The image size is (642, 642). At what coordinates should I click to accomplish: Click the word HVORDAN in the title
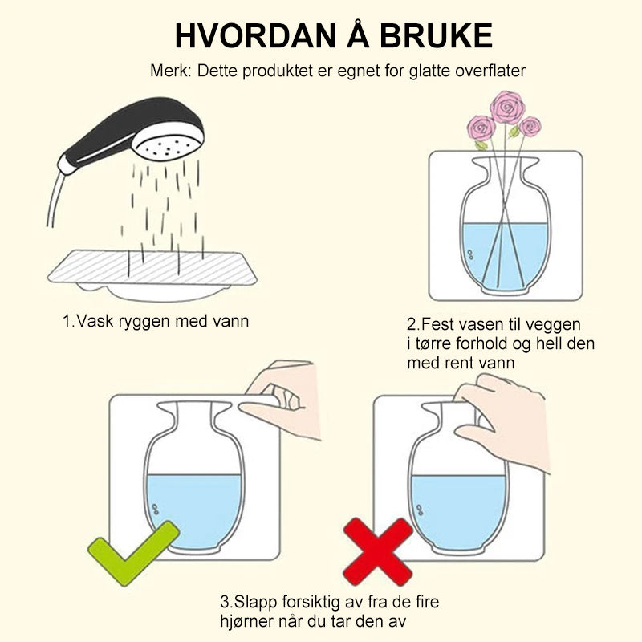[255, 36]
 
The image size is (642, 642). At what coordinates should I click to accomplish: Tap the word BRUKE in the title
[436, 36]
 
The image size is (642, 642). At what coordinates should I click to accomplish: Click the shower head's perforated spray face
[169, 146]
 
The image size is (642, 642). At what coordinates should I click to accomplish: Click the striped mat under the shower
[152, 267]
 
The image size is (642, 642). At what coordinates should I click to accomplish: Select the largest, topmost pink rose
[507, 108]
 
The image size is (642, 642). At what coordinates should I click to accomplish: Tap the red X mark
[377, 551]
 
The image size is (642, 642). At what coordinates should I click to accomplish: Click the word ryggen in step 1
[144, 322]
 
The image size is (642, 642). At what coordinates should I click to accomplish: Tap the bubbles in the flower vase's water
[470, 254]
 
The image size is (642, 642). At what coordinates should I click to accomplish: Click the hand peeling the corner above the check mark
[281, 398]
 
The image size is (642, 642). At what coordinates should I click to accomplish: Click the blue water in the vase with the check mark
[194, 510]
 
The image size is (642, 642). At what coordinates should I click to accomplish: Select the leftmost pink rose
[481, 128]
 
